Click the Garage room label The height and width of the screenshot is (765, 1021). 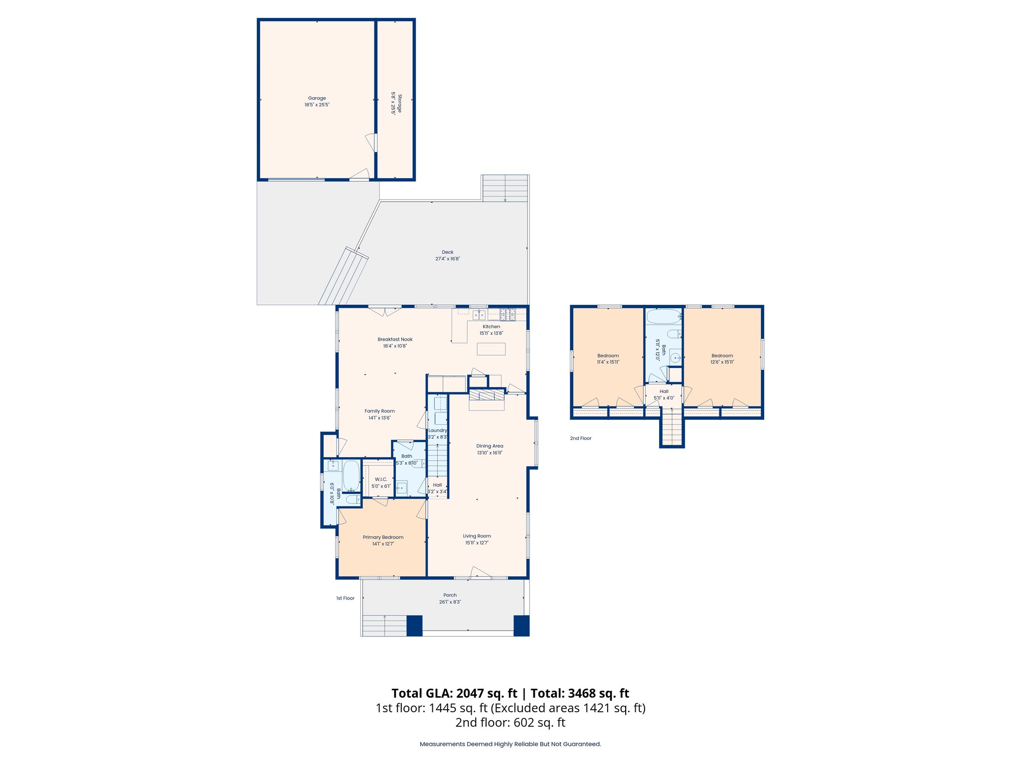(x=317, y=98)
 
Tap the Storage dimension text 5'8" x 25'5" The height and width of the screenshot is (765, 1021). (x=393, y=104)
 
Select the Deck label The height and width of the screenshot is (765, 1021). (x=447, y=252)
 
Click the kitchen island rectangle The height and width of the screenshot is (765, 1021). (x=491, y=349)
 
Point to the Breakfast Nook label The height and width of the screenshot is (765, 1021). (x=395, y=339)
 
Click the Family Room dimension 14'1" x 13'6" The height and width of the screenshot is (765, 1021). (x=379, y=418)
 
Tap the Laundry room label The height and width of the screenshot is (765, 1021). (x=438, y=430)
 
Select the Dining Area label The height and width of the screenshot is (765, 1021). (x=490, y=446)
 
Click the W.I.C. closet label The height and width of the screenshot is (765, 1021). (x=381, y=479)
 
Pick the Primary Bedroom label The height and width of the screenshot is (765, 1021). (x=383, y=537)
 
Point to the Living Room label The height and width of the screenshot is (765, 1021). (x=477, y=536)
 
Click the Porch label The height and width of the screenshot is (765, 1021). (x=450, y=595)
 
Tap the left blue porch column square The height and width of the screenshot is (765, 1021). (x=414, y=626)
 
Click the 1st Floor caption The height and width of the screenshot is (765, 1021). (x=345, y=598)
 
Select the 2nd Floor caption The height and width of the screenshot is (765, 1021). (x=580, y=438)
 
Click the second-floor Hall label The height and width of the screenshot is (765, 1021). (x=664, y=391)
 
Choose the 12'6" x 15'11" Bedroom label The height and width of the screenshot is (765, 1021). (x=722, y=356)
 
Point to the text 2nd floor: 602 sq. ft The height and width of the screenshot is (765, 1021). (x=510, y=723)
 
